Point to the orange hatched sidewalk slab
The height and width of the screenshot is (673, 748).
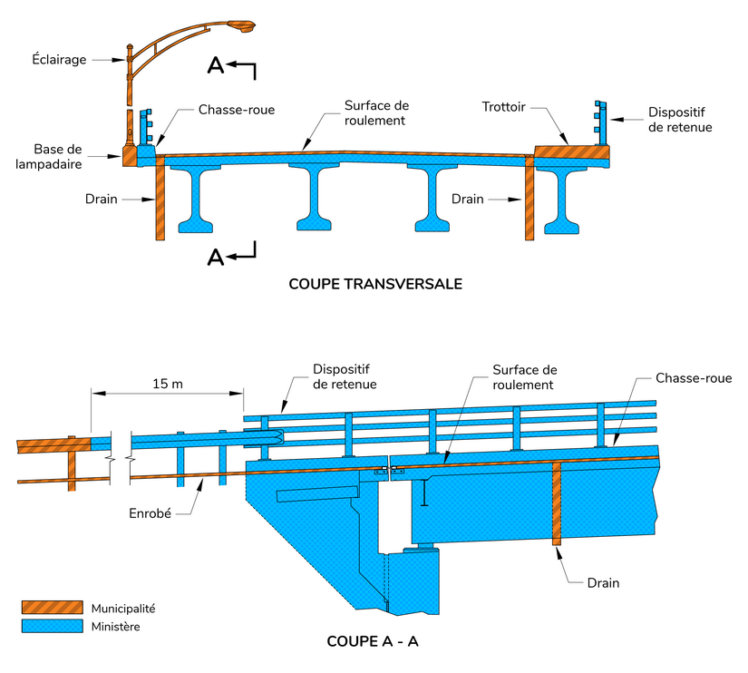coord(571,152)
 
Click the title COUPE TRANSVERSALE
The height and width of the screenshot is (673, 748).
coord(375,284)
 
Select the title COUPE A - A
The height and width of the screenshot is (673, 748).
coord(373,641)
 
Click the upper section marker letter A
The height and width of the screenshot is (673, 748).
coord(215,64)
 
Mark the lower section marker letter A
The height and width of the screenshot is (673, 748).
coord(216,258)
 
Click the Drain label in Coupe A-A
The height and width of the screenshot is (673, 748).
coord(602,582)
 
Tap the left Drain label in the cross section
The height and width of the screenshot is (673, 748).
coord(101,199)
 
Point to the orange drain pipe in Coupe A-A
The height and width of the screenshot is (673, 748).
coord(558,503)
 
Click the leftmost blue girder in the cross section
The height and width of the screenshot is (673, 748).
coord(197,195)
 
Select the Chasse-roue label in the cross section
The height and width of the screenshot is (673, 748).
coord(236,110)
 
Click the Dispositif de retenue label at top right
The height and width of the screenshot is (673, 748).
coord(679,120)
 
